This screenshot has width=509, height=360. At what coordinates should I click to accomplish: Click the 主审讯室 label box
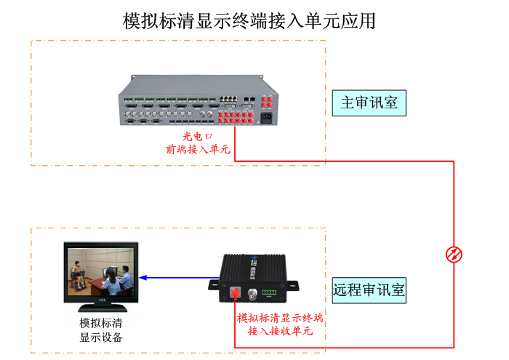coord(369,103)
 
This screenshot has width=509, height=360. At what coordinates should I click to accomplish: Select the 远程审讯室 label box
coord(369,290)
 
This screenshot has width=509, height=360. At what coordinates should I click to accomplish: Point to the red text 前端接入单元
coord(197,151)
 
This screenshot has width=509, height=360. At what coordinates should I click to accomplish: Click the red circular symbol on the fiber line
coord(454,254)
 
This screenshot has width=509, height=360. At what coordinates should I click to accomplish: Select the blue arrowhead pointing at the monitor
coord(144,277)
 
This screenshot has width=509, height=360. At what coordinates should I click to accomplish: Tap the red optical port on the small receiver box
coord(235,293)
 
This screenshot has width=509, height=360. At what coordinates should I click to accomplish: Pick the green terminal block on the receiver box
coord(270,292)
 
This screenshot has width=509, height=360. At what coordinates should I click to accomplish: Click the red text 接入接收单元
coord(280,332)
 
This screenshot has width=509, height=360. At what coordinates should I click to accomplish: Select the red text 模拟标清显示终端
coord(280,318)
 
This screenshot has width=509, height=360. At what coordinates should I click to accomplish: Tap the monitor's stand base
coord(101,305)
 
